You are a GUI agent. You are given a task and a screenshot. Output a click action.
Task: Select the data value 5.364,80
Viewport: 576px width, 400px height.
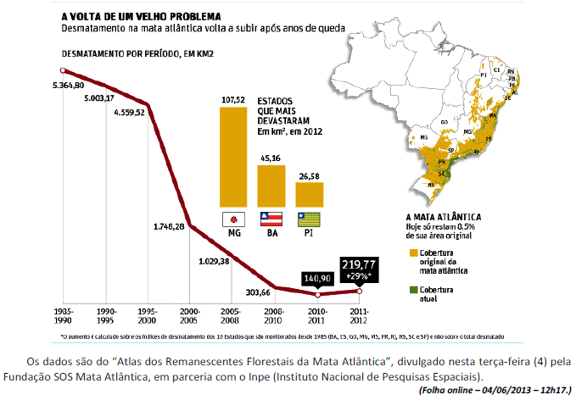tap(68, 86)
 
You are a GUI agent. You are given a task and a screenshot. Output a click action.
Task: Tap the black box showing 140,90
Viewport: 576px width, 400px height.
tap(317, 276)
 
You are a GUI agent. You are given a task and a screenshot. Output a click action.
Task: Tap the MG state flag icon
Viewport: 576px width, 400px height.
tap(232, 219)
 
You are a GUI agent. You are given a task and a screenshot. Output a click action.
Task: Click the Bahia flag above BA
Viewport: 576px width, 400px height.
tap(271, 219)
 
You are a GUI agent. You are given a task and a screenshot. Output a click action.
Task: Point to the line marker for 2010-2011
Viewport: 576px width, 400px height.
tap(317, 295)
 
